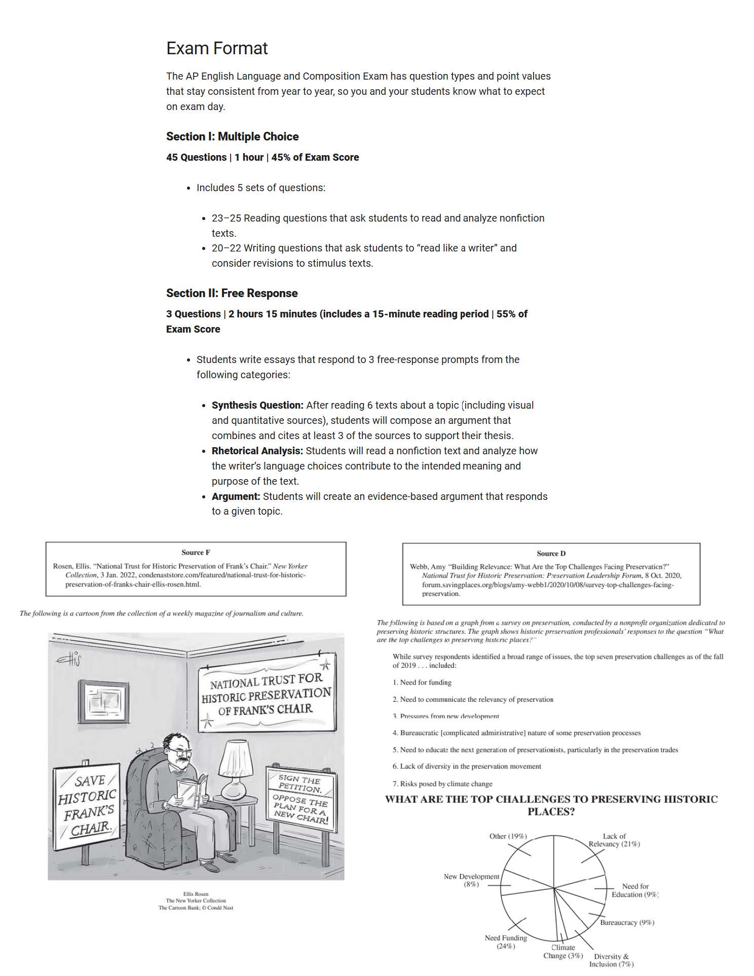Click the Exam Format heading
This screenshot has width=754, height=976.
217,49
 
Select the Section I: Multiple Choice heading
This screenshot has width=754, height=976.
232,136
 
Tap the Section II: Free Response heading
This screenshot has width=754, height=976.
232,293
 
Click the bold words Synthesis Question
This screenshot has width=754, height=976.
257,405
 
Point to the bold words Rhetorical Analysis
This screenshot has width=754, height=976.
257,451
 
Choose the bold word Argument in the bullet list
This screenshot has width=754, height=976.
236,496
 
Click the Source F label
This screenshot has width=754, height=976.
196,553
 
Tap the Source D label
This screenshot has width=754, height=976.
551,554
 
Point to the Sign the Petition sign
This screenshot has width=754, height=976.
300,798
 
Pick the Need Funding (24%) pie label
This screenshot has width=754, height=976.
505,942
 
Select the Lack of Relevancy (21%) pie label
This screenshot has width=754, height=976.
614,840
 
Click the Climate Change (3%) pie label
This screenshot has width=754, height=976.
563,952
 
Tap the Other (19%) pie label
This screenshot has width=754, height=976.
508,836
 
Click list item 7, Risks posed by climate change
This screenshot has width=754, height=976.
442,784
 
